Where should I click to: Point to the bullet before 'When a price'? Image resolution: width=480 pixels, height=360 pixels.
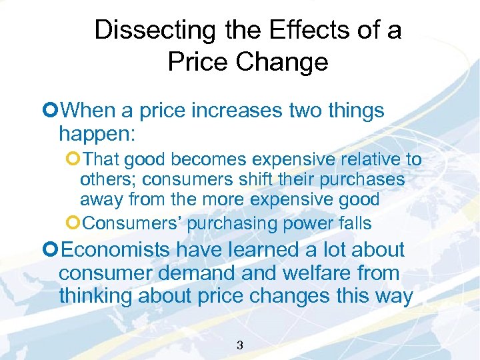click(46, 110)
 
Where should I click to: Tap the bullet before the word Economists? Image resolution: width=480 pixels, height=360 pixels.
click(46, 251)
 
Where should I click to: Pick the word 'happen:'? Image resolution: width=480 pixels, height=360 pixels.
click(97, 134)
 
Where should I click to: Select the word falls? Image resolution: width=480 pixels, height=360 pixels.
click(352, 223)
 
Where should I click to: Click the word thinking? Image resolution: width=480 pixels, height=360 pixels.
click(95, 296)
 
